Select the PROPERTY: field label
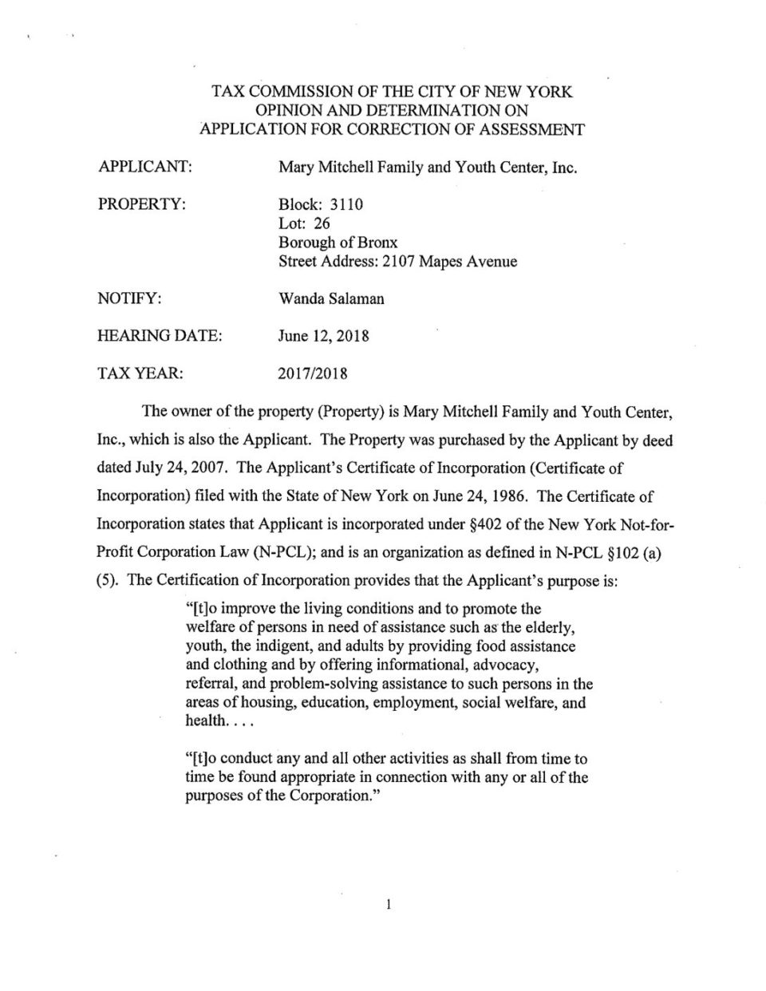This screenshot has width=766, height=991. [x=141, y=204]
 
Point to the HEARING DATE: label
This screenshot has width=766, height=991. [x=159, y=336]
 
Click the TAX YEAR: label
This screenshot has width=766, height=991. [x=140, y=373]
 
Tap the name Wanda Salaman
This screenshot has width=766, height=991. [x=331, y=298]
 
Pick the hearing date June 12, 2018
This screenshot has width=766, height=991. [x=323, y=336]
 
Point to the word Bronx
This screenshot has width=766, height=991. [x=378, y=243]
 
